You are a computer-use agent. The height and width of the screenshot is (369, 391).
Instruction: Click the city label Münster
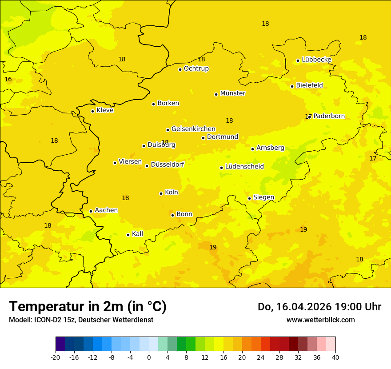coord(232,93)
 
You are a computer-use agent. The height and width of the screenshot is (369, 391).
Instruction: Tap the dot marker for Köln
coord(161,193)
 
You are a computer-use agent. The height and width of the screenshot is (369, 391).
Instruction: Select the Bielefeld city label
coord(309,85)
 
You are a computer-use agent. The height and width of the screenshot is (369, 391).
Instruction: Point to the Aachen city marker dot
coord(91,211)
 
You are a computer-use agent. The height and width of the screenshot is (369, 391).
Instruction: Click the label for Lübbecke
coord(316,60)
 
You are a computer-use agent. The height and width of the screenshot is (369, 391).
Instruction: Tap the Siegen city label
coord(263,197)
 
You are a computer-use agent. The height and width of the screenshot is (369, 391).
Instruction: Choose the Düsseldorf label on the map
coord(167,164)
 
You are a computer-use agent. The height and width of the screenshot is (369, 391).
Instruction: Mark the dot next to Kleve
coord(92,111)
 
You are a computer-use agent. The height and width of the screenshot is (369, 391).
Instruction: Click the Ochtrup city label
coord(196,68)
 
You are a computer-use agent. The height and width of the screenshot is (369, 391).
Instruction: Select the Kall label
coord(137,234)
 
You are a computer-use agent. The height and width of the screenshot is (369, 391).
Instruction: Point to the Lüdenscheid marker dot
coord(221,168)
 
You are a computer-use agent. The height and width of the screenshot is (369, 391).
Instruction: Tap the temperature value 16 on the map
coord(8,80)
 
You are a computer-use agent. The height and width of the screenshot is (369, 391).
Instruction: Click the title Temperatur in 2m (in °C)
coord(88,306)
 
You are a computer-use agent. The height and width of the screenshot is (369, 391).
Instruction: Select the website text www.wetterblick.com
coord(320,320)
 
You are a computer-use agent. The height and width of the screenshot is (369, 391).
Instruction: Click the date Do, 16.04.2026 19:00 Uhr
coord(319,307)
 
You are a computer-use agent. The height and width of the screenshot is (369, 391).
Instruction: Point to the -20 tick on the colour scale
coord(56,357)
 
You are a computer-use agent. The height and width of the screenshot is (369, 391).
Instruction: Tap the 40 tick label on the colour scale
coord(335,357)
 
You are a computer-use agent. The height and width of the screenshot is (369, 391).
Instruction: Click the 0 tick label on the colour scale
coord(149,357)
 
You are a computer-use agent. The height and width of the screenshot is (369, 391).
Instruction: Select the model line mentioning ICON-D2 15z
coord(81,320)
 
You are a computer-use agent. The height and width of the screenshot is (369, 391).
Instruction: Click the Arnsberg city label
coord(270,148)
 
